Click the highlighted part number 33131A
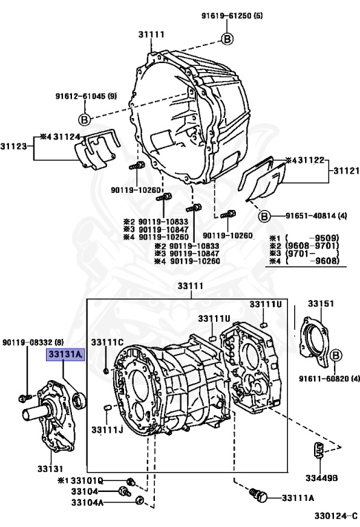click(x=65, y=354)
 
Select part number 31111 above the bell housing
click(x=151, y=34)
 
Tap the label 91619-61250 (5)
click(x=232, y=16)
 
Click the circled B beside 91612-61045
click(x=84, y=119)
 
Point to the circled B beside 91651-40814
click(x=264, y=215)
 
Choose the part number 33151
click(x=321, y=303)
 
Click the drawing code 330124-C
click(x=336, y=515)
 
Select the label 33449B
click(x=322, y=478)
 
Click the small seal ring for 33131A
click(x=80, y=399)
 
